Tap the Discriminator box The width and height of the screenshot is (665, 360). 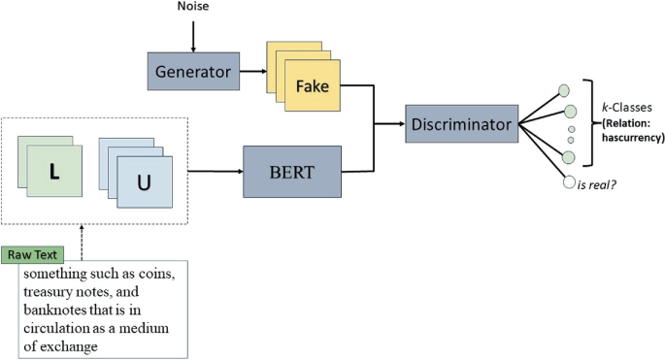coord(460,123)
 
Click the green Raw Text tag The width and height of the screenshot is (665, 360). coord(31,255)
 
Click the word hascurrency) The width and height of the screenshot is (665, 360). coord(630,138)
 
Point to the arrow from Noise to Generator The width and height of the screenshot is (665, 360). coord(194,35)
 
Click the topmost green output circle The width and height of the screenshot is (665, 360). coord(562,90)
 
